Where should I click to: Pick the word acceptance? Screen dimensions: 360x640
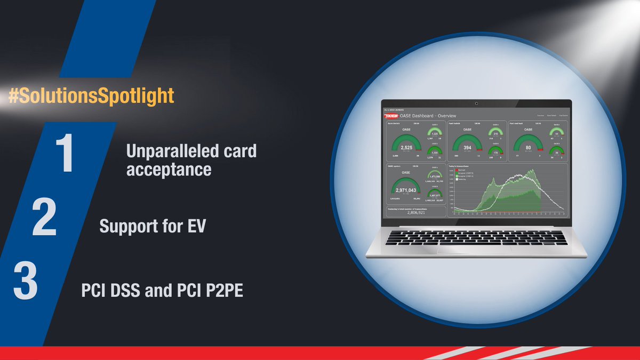tap(169, 170)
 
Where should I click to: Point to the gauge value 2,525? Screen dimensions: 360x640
tap(406, 147)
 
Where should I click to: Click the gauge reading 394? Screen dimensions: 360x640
tap(467, 147)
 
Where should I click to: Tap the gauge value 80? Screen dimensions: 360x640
tap(528, 147)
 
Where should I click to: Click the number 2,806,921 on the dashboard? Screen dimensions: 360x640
tap(417, 212)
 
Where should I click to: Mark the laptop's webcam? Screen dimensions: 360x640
tap(476, 103)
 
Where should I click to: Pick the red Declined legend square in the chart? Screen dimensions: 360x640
tap(451, 169)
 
